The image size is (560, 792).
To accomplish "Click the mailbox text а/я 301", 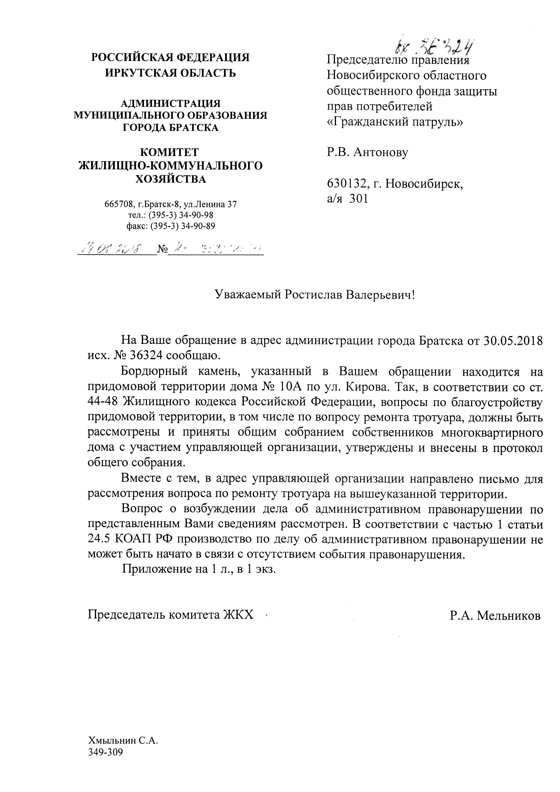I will pyautogui.click(x=347, y=199).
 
